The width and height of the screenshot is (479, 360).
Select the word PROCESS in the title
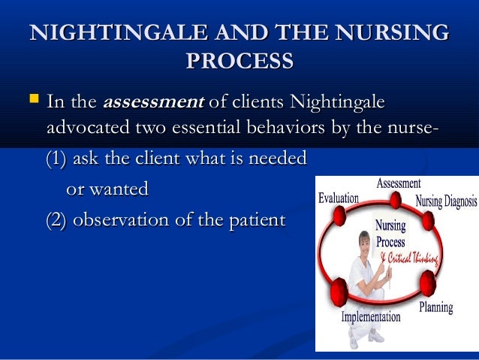tap(239, 61)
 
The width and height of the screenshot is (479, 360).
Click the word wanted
tap(118, 189)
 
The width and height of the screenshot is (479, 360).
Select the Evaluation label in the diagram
tap(338, 198)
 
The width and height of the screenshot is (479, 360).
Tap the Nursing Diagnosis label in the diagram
tap(446, 202)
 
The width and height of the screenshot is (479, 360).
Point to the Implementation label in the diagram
tap(371, 317)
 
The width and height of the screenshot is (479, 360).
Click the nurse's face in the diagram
tap(365, 244)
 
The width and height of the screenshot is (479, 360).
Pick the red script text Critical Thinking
tap(412, 258)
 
